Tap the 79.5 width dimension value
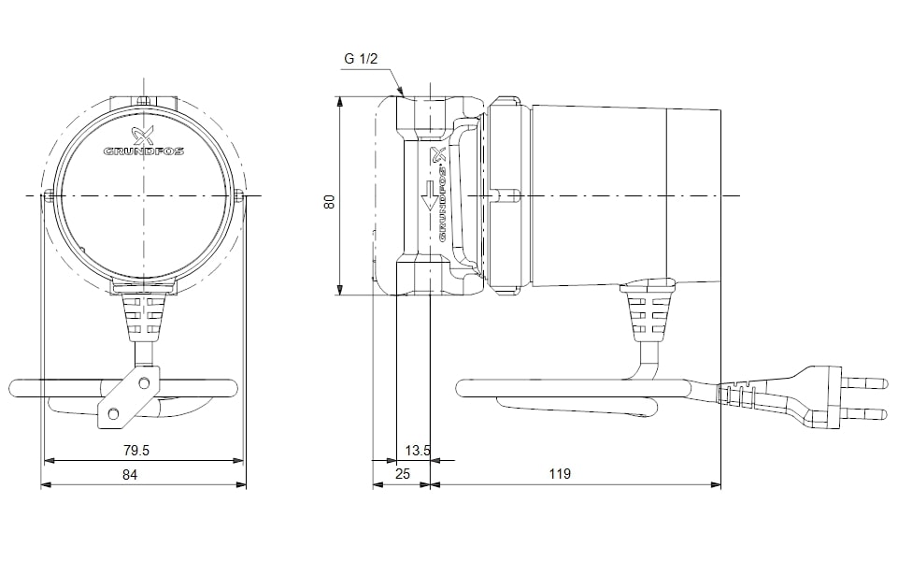tap(136, 450)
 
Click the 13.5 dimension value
tap(418, 450)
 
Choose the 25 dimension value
tap(403, 474)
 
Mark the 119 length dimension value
tap(559, 474)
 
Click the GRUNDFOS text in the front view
tap(144, 150)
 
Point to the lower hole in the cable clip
tap(113, 413)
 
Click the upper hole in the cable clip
tap(142, 381)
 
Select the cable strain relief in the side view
tap(648, 314)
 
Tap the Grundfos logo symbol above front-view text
tap(143, 133)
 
